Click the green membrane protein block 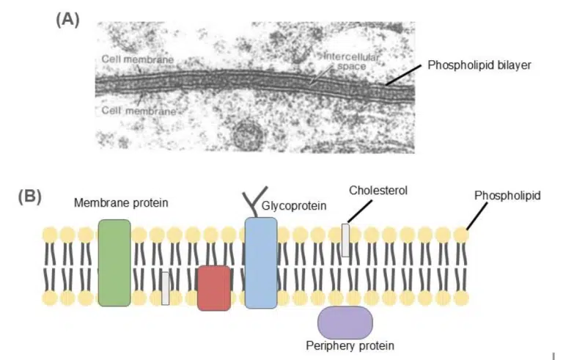pyautogui.click(x=114, y=262)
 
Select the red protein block pyautogui.click(x=213, y=287)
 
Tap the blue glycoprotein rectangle pyautogui.click(x=261, y=262)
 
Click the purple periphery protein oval pyautogui.click(x=345, y=323)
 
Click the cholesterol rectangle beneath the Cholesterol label pyautogui.click(x=345, y=240)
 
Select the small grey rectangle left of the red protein pyautogui.click(x=166, y=288)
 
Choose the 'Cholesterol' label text pyautogui.click(x=378, y=190)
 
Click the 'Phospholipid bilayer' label pyautogui.click(x=479, y=65)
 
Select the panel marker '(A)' pyautogui.click(x=67, y=20)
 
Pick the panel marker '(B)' pyautogui.click(x=29, y=196)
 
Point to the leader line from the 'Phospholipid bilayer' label pyautogui.click(x=404, y=75)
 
